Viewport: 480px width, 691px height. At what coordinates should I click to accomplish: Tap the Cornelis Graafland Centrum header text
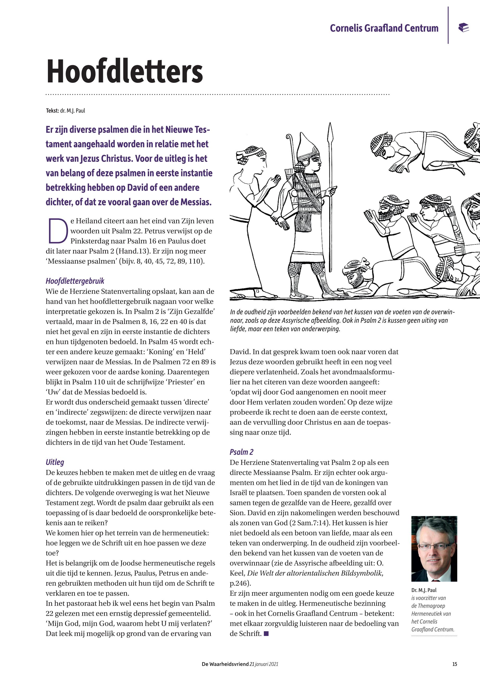[384, 28]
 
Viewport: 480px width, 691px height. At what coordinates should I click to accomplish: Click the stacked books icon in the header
[463, 28]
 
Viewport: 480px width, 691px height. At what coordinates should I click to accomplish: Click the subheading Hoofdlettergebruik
[75, 281]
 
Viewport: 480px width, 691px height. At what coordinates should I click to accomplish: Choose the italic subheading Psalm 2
[241, 452]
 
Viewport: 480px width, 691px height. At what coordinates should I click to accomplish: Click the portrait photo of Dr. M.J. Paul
[434, 549]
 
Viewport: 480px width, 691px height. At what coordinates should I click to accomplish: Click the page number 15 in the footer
[455, 664]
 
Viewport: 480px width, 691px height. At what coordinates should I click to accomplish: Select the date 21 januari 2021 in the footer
[264, 664]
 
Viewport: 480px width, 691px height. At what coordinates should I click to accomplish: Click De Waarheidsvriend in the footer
[225, 664]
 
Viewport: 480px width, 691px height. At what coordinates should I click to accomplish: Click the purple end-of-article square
[266, 634]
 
